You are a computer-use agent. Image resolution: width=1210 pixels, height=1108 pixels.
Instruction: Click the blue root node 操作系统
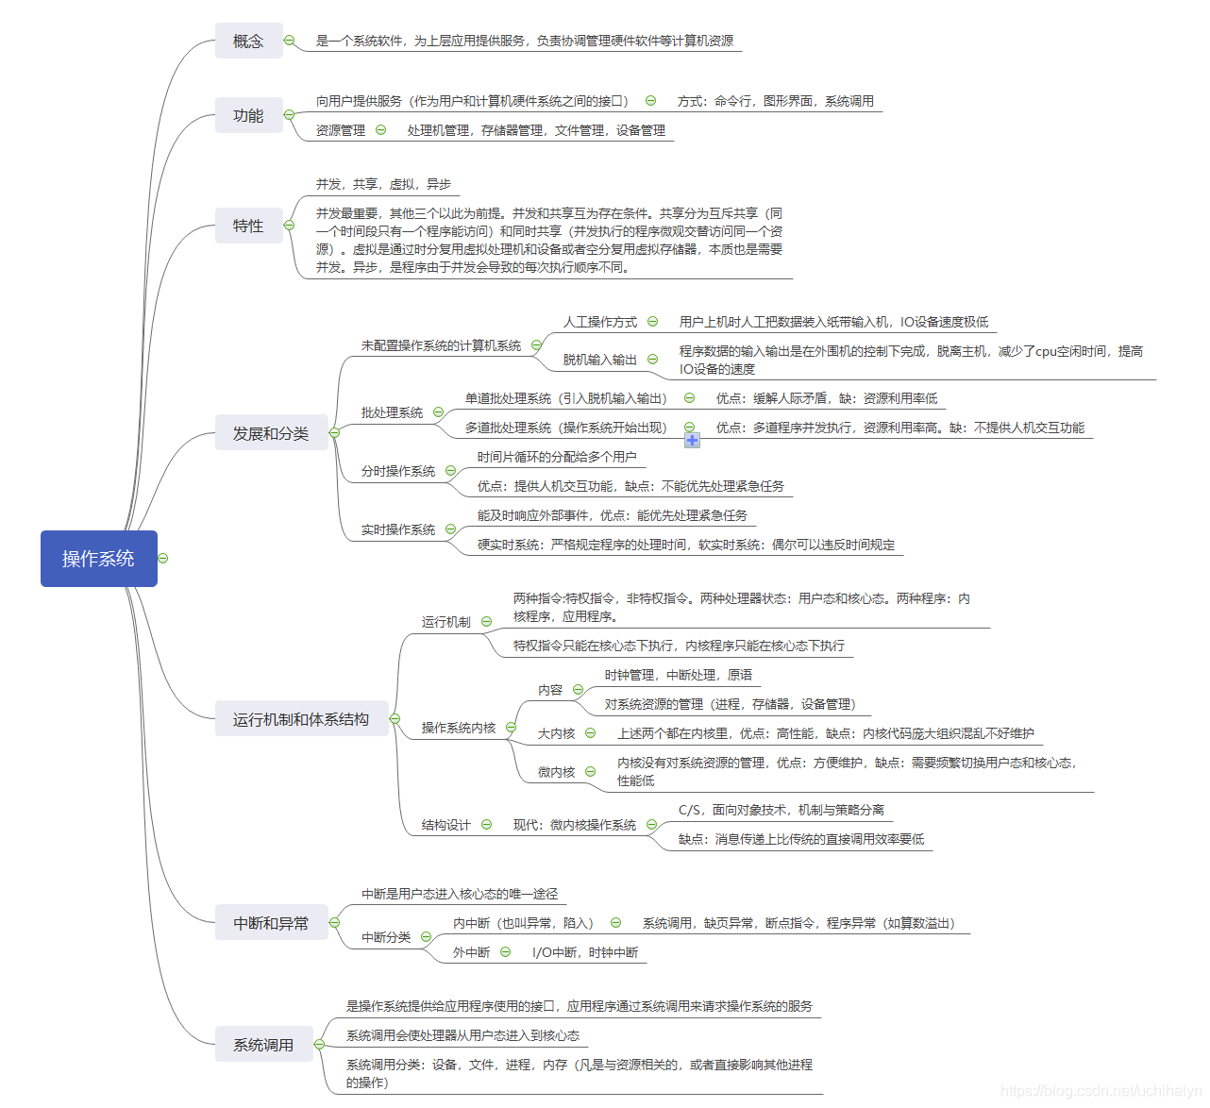coord(98,559)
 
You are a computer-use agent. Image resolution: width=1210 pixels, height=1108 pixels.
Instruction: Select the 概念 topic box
coord(248,41)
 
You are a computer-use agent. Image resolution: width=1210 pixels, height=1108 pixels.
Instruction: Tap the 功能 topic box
coord(248,115)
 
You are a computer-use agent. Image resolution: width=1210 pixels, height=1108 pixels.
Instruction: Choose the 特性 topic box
coord(248,226)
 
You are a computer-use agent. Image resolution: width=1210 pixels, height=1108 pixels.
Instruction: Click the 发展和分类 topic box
coord(271,433)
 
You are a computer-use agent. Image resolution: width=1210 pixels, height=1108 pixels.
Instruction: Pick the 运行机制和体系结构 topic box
coord(301,719)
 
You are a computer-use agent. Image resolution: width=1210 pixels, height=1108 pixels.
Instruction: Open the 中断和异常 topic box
coord(271,923)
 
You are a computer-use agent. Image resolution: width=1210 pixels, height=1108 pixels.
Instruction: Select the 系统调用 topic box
coord(263,1045)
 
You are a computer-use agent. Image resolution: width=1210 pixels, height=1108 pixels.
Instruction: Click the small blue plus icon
coord(692,441)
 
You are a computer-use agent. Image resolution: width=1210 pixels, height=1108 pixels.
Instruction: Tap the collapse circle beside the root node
coord(163,559)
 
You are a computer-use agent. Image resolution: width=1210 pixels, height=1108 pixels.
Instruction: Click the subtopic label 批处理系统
coord(392,412)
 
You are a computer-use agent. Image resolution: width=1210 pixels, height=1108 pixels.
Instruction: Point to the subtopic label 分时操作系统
coord(398,471)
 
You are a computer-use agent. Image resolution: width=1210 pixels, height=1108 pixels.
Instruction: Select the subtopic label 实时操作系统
coord(398,529)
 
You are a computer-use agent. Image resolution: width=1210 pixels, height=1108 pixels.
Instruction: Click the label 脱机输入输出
coord(600,360)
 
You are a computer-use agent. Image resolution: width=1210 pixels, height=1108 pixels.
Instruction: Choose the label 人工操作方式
coord(600,322)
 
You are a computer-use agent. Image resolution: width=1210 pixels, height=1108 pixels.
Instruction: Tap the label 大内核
coord(557,733)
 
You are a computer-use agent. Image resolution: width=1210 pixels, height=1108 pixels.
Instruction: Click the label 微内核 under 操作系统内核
coord(557,772)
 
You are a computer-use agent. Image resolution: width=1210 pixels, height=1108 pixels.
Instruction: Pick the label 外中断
coord(471,952)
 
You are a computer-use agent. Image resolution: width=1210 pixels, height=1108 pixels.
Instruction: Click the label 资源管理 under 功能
coord(341,130)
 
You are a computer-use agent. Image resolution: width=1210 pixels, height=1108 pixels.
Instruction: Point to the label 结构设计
coord(445,825)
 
